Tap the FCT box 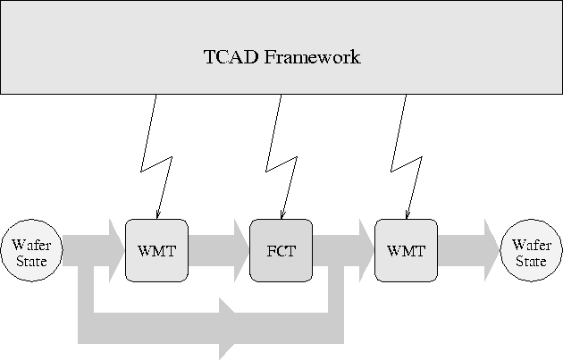tap(281, 249)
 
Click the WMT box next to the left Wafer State tap(156, 249)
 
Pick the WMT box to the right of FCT tap(407, 249)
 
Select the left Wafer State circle tap(31, 249)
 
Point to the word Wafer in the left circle tap(31, 242)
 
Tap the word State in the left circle tap(31, 261)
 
